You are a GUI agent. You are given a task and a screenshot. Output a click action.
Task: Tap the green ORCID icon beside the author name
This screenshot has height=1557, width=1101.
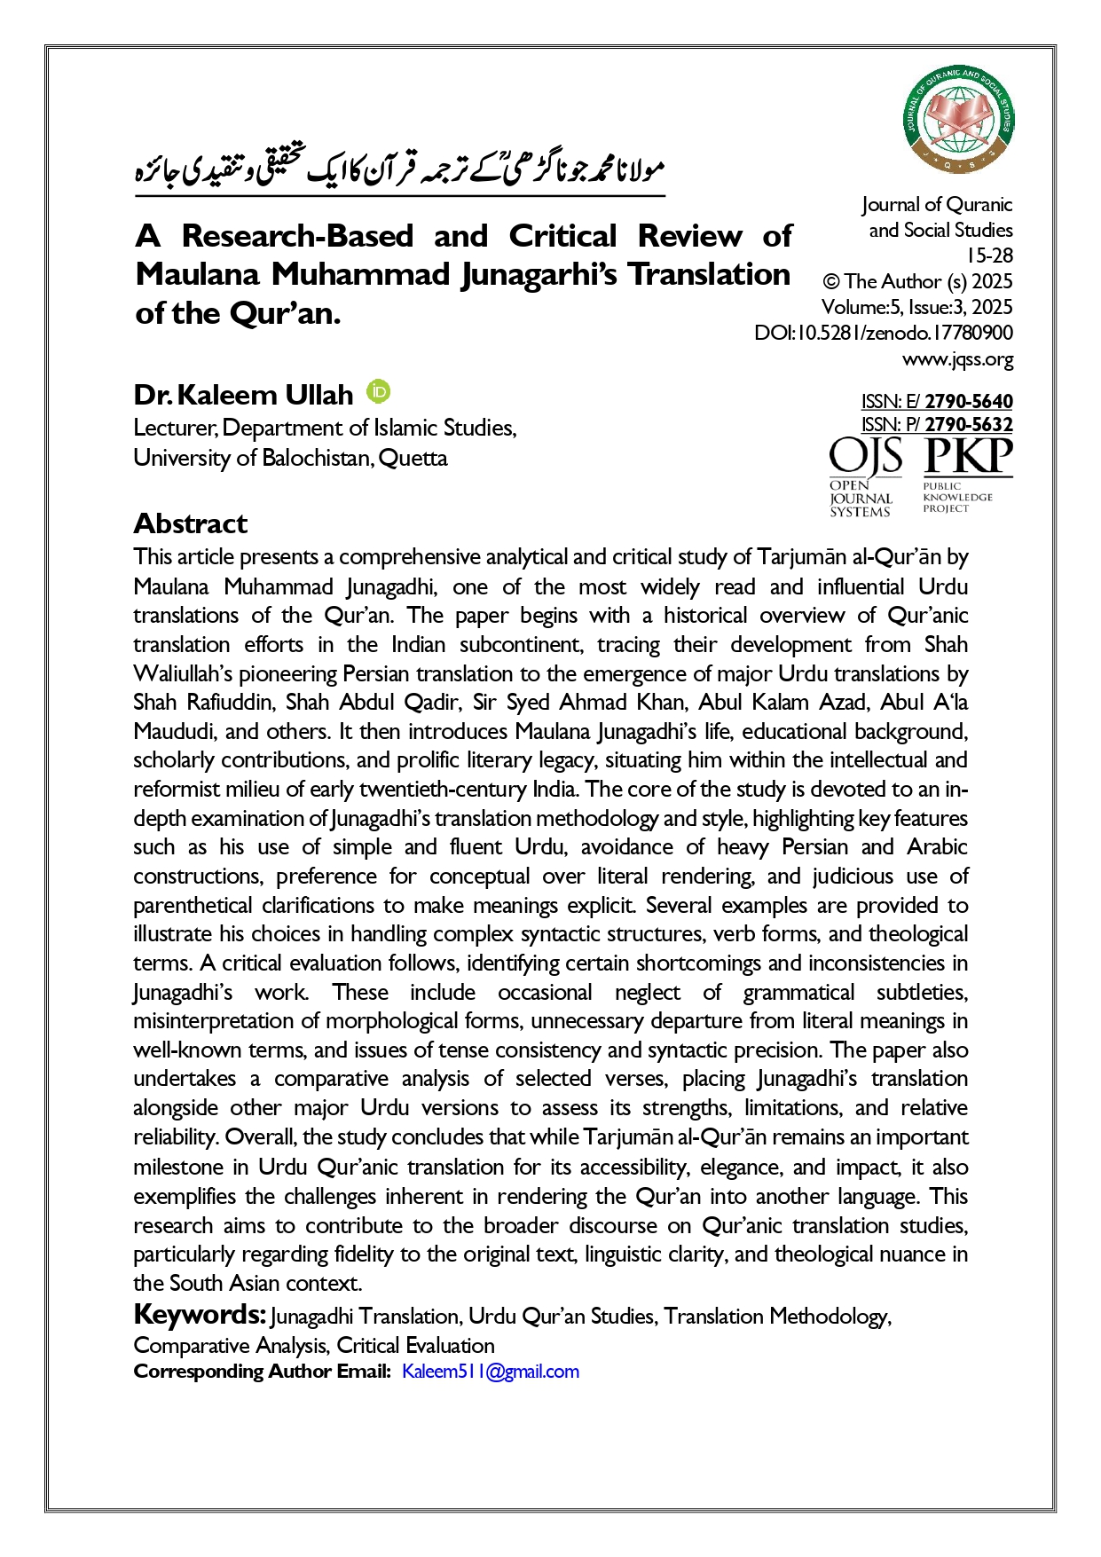click(x=379, y=391)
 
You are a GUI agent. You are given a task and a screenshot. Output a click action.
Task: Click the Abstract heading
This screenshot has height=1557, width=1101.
click(x=190, y=523)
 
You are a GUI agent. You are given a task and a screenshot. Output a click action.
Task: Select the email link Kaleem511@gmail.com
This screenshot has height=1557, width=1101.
click(x=490, y=1372)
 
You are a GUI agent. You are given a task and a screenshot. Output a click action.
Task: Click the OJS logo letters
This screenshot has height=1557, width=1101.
click(x=865, y=458)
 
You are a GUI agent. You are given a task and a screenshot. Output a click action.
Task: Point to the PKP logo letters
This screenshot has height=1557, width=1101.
click(x=967, y=457)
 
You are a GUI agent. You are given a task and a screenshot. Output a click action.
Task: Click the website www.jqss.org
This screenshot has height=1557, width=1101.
click(x=957, y=359)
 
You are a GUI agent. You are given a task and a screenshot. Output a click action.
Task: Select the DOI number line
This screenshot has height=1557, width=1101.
click(x=883, y=334)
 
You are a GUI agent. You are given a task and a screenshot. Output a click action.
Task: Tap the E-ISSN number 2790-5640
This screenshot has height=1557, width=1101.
click(x=968, y=402)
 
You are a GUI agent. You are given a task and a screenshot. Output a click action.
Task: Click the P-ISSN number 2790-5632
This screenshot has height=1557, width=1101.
click(x=968, y=425)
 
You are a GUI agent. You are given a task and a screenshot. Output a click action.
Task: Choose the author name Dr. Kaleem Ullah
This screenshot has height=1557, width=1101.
click(x=243, y=395)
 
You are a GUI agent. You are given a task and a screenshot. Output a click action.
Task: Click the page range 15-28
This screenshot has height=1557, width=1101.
click(x=989, y=256)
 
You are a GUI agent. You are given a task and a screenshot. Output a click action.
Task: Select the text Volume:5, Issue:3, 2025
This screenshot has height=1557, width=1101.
click(x=916, y=308)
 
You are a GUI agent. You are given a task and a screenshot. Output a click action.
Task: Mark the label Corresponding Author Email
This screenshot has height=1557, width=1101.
click(x=262, y=1372)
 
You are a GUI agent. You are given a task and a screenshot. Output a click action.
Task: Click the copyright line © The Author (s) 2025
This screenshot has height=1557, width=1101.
click(x=917, y=282)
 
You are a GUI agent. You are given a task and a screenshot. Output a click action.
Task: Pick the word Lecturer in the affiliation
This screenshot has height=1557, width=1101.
click(x=174, y=429)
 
